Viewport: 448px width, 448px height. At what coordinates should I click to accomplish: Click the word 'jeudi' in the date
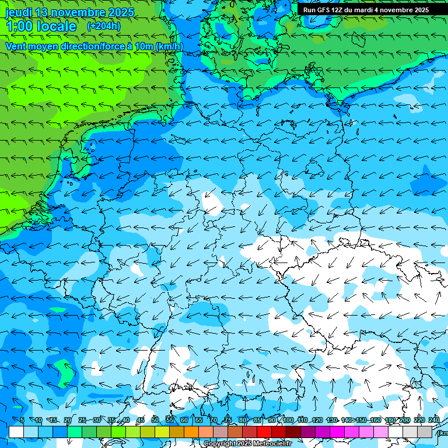(18, 12)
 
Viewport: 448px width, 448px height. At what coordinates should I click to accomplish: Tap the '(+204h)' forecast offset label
(104, 26)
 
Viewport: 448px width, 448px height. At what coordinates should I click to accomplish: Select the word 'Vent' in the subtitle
(16, 46)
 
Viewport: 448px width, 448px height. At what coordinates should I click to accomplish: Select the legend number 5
(22, 420)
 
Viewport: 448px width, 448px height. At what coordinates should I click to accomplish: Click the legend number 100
(288, 420)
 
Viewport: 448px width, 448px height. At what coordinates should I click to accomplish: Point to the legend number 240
(434, 420)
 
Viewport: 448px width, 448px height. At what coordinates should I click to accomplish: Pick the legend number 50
(155, 420)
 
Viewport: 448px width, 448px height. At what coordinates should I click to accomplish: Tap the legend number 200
(405, 420)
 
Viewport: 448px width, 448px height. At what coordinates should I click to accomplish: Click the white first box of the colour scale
(16, 432)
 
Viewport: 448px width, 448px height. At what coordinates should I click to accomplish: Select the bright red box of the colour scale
(264, 432)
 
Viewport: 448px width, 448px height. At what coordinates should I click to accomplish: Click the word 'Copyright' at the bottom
(220, 444)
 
